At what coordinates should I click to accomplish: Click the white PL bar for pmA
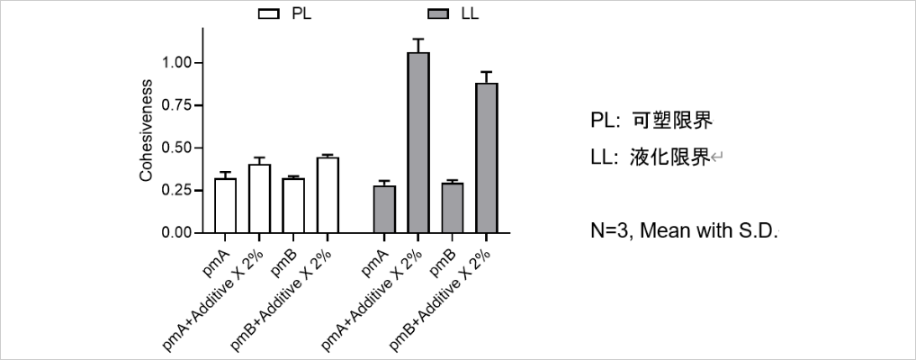(225, 205)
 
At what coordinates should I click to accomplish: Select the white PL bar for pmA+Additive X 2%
(259, 199)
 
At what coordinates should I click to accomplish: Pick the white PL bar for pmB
(293, 205)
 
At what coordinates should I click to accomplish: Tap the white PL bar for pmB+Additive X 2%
(328, 195)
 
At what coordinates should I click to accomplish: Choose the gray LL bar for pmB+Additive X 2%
(486, 157)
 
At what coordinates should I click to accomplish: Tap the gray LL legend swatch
(441, 13)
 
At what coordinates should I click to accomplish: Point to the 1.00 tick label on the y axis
(177, 63)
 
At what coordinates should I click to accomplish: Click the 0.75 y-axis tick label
(177, 105)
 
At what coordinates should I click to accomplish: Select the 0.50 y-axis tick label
(177, 148)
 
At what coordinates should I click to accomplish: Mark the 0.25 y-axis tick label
(177, 190)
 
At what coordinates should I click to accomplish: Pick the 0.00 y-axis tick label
(177, 232)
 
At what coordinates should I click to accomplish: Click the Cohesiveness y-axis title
(146, 130)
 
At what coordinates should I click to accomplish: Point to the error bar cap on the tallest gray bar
(418, 39)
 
